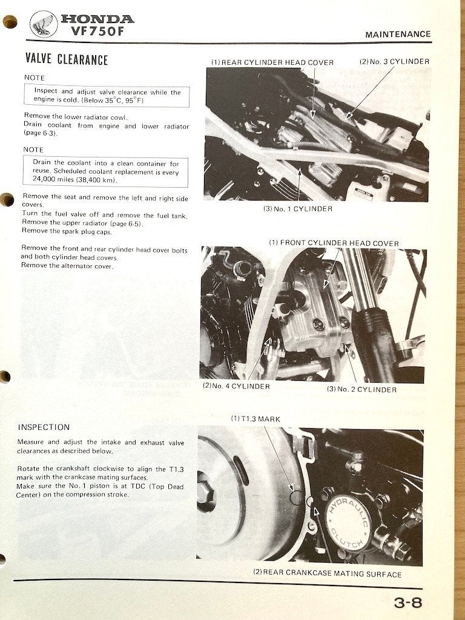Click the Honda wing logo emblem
point(44,24)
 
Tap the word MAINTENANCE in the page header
point(398,35)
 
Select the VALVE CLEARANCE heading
point(67,59)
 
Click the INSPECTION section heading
point(44,427)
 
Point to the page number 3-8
point(407,603)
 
